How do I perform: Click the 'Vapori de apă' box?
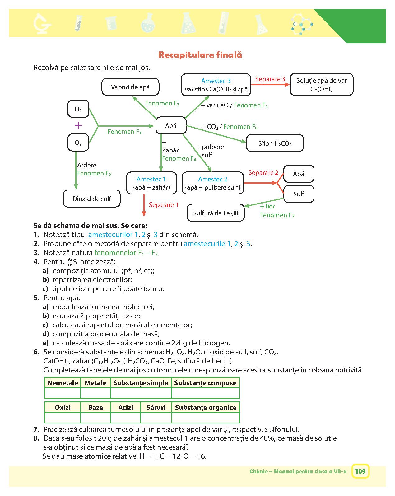130,87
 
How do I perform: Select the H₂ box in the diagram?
78,109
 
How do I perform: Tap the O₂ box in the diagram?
78,143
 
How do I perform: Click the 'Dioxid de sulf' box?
91,199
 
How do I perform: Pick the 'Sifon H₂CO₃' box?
275,143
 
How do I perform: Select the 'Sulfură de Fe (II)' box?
216,213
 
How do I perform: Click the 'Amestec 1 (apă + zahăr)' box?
151,183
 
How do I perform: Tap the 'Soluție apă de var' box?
322,84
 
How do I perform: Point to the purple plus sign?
78,126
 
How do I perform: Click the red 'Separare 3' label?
270,79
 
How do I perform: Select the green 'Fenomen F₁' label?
124,132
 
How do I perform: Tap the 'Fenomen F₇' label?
277,215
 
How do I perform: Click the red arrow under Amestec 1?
144,205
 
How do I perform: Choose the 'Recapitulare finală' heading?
200,55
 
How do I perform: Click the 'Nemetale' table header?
63,383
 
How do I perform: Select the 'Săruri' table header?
156,407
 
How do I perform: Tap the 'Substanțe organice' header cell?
206,407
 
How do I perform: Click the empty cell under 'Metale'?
95,393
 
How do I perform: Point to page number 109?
360,471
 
